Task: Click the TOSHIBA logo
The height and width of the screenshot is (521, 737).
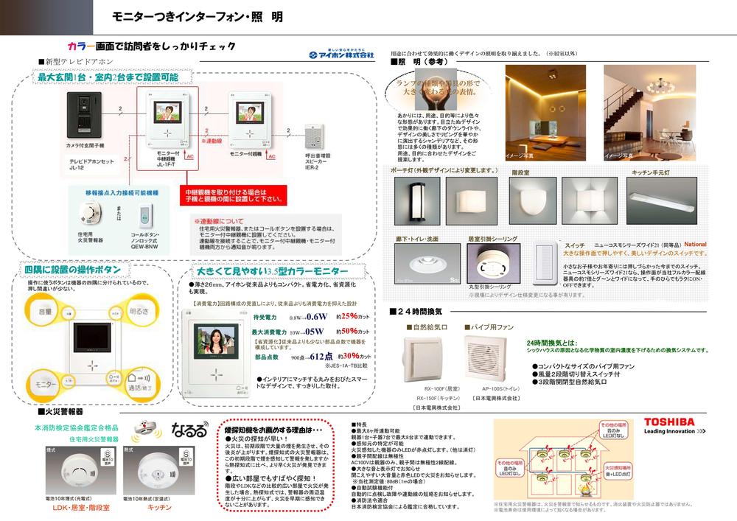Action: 669,422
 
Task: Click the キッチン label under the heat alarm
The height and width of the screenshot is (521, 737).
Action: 159,508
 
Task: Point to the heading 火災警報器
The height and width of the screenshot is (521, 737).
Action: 64,411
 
